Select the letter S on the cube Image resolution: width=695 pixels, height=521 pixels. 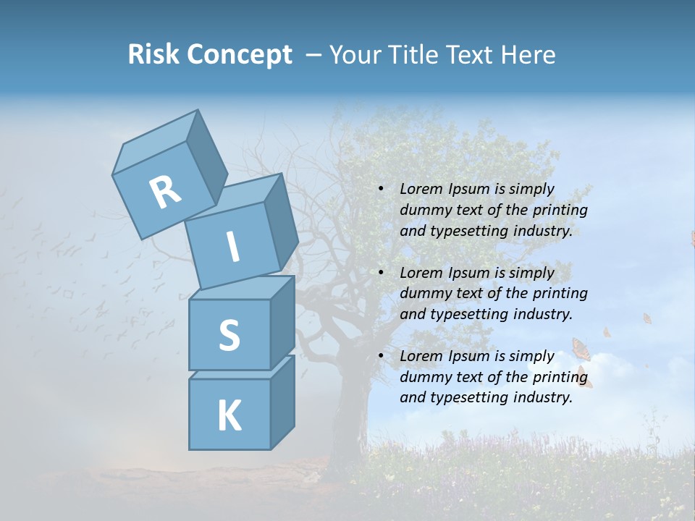coord(229,335)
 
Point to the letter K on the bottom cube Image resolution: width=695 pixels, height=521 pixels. coord(229,415)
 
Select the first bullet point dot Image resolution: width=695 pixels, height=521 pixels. coord(381,190)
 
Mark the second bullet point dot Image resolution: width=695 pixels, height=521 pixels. coord(381,273)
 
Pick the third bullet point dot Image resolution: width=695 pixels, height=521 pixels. coord(381,356)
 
